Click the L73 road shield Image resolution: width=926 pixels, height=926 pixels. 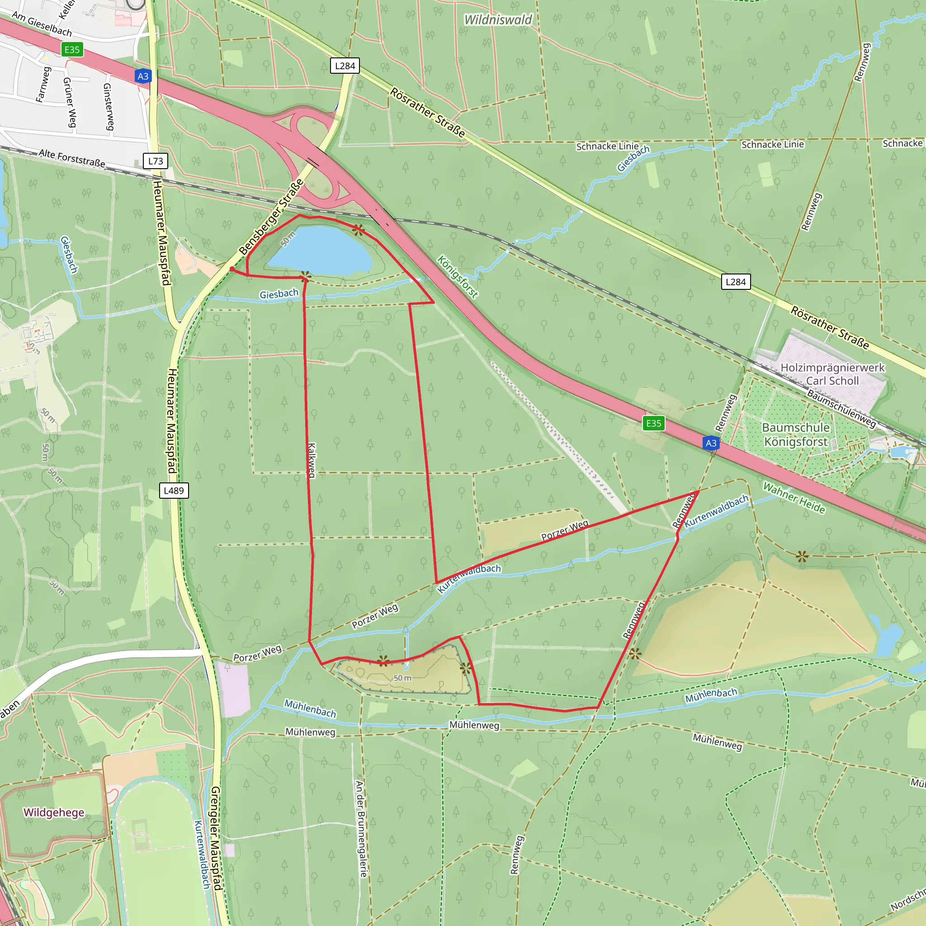click(x=155, y=161)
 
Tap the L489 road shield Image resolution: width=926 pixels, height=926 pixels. click(x=174, y=490)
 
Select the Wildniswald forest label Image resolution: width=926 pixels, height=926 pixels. click(x=498, y=19)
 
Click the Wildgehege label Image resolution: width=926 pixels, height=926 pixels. click(x=54, y=813)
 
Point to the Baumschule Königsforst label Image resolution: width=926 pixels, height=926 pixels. click(x=796, y=434)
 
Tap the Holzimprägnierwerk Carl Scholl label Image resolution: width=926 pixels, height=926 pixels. click(x=832, y=374)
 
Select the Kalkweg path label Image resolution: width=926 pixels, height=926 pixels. click(x=312, y=460)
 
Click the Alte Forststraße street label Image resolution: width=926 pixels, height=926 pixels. click(x=72, y=158)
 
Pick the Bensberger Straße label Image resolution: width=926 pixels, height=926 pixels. click(x=271, y=217)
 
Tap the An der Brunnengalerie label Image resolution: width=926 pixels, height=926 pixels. click(x=361, y=829)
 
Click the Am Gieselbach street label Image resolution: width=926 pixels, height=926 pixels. click(x=42, y=24)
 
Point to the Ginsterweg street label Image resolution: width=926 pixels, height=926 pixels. click(x=109, y=106)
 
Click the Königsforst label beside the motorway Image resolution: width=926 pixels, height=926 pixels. click(x=458, y=277)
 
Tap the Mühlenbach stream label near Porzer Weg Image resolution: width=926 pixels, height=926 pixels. click(x=310, y=708)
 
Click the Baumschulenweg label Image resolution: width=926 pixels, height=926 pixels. click(x=841, y=408)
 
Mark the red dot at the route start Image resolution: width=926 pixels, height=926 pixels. click(x=232, y=269)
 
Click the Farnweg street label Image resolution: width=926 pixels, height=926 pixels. click(x=43, y=85)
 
